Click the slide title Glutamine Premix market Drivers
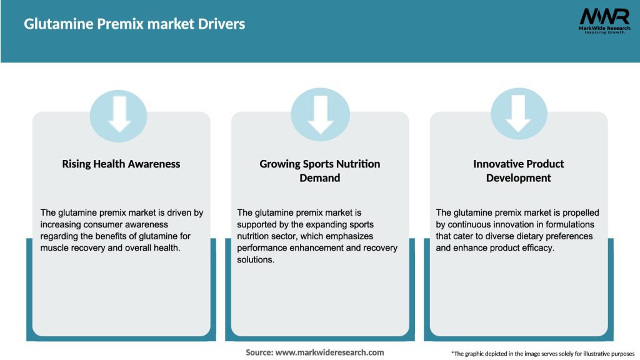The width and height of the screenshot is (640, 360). [134, 24]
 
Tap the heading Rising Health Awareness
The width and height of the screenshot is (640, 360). [121, 164]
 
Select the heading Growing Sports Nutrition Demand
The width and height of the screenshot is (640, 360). [320, 171]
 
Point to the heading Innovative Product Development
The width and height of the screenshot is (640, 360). [518, 171]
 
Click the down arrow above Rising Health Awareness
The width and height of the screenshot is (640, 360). [119, 114]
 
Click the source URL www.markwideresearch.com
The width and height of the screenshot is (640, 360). [330, 352]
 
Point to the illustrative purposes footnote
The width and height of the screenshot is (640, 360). [542, 354]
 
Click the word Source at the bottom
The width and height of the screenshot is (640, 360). [259, 352]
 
